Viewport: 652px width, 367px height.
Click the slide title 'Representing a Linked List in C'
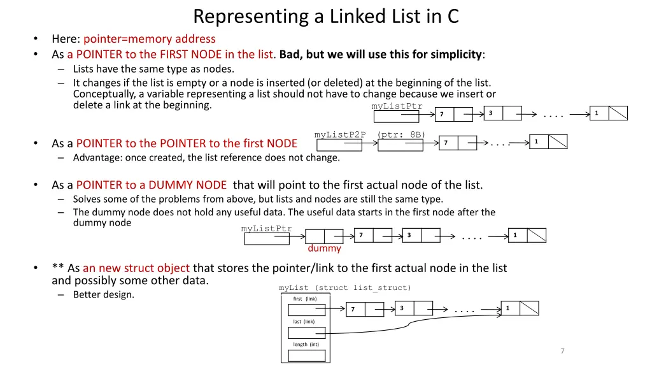[x=325, y=15]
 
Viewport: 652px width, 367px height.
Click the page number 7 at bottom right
[x=562, y=351]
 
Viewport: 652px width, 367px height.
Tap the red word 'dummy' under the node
[x=324, y=248]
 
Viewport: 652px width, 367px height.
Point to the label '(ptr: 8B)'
[x=401, y=134]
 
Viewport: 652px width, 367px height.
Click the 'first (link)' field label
[x=304, y=298]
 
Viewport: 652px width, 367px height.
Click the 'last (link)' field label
[x=304, y=322]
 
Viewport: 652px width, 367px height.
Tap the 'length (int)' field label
[x=306, y=345]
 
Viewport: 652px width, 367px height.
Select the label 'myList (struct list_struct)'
[x=345, y=288]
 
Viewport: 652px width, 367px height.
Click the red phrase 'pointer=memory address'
[x=150, y=39]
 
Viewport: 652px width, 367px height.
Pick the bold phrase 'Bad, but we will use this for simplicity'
[x=381, y=54]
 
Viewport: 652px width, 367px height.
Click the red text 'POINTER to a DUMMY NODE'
[x=152, y=185]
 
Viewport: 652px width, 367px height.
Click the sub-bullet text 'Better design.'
[x=104, y=294]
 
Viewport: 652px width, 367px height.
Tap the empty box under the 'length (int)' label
[x=306, y=355]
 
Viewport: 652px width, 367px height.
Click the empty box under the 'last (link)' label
[x=306, y=333]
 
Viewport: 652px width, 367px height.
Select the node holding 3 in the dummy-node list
[x=421, y=236]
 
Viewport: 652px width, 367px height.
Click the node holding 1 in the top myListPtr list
[x=608, y=113]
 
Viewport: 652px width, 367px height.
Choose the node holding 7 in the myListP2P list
[x=457, y=143]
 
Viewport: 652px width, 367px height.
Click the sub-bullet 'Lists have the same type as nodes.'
[x=153, y=69]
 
